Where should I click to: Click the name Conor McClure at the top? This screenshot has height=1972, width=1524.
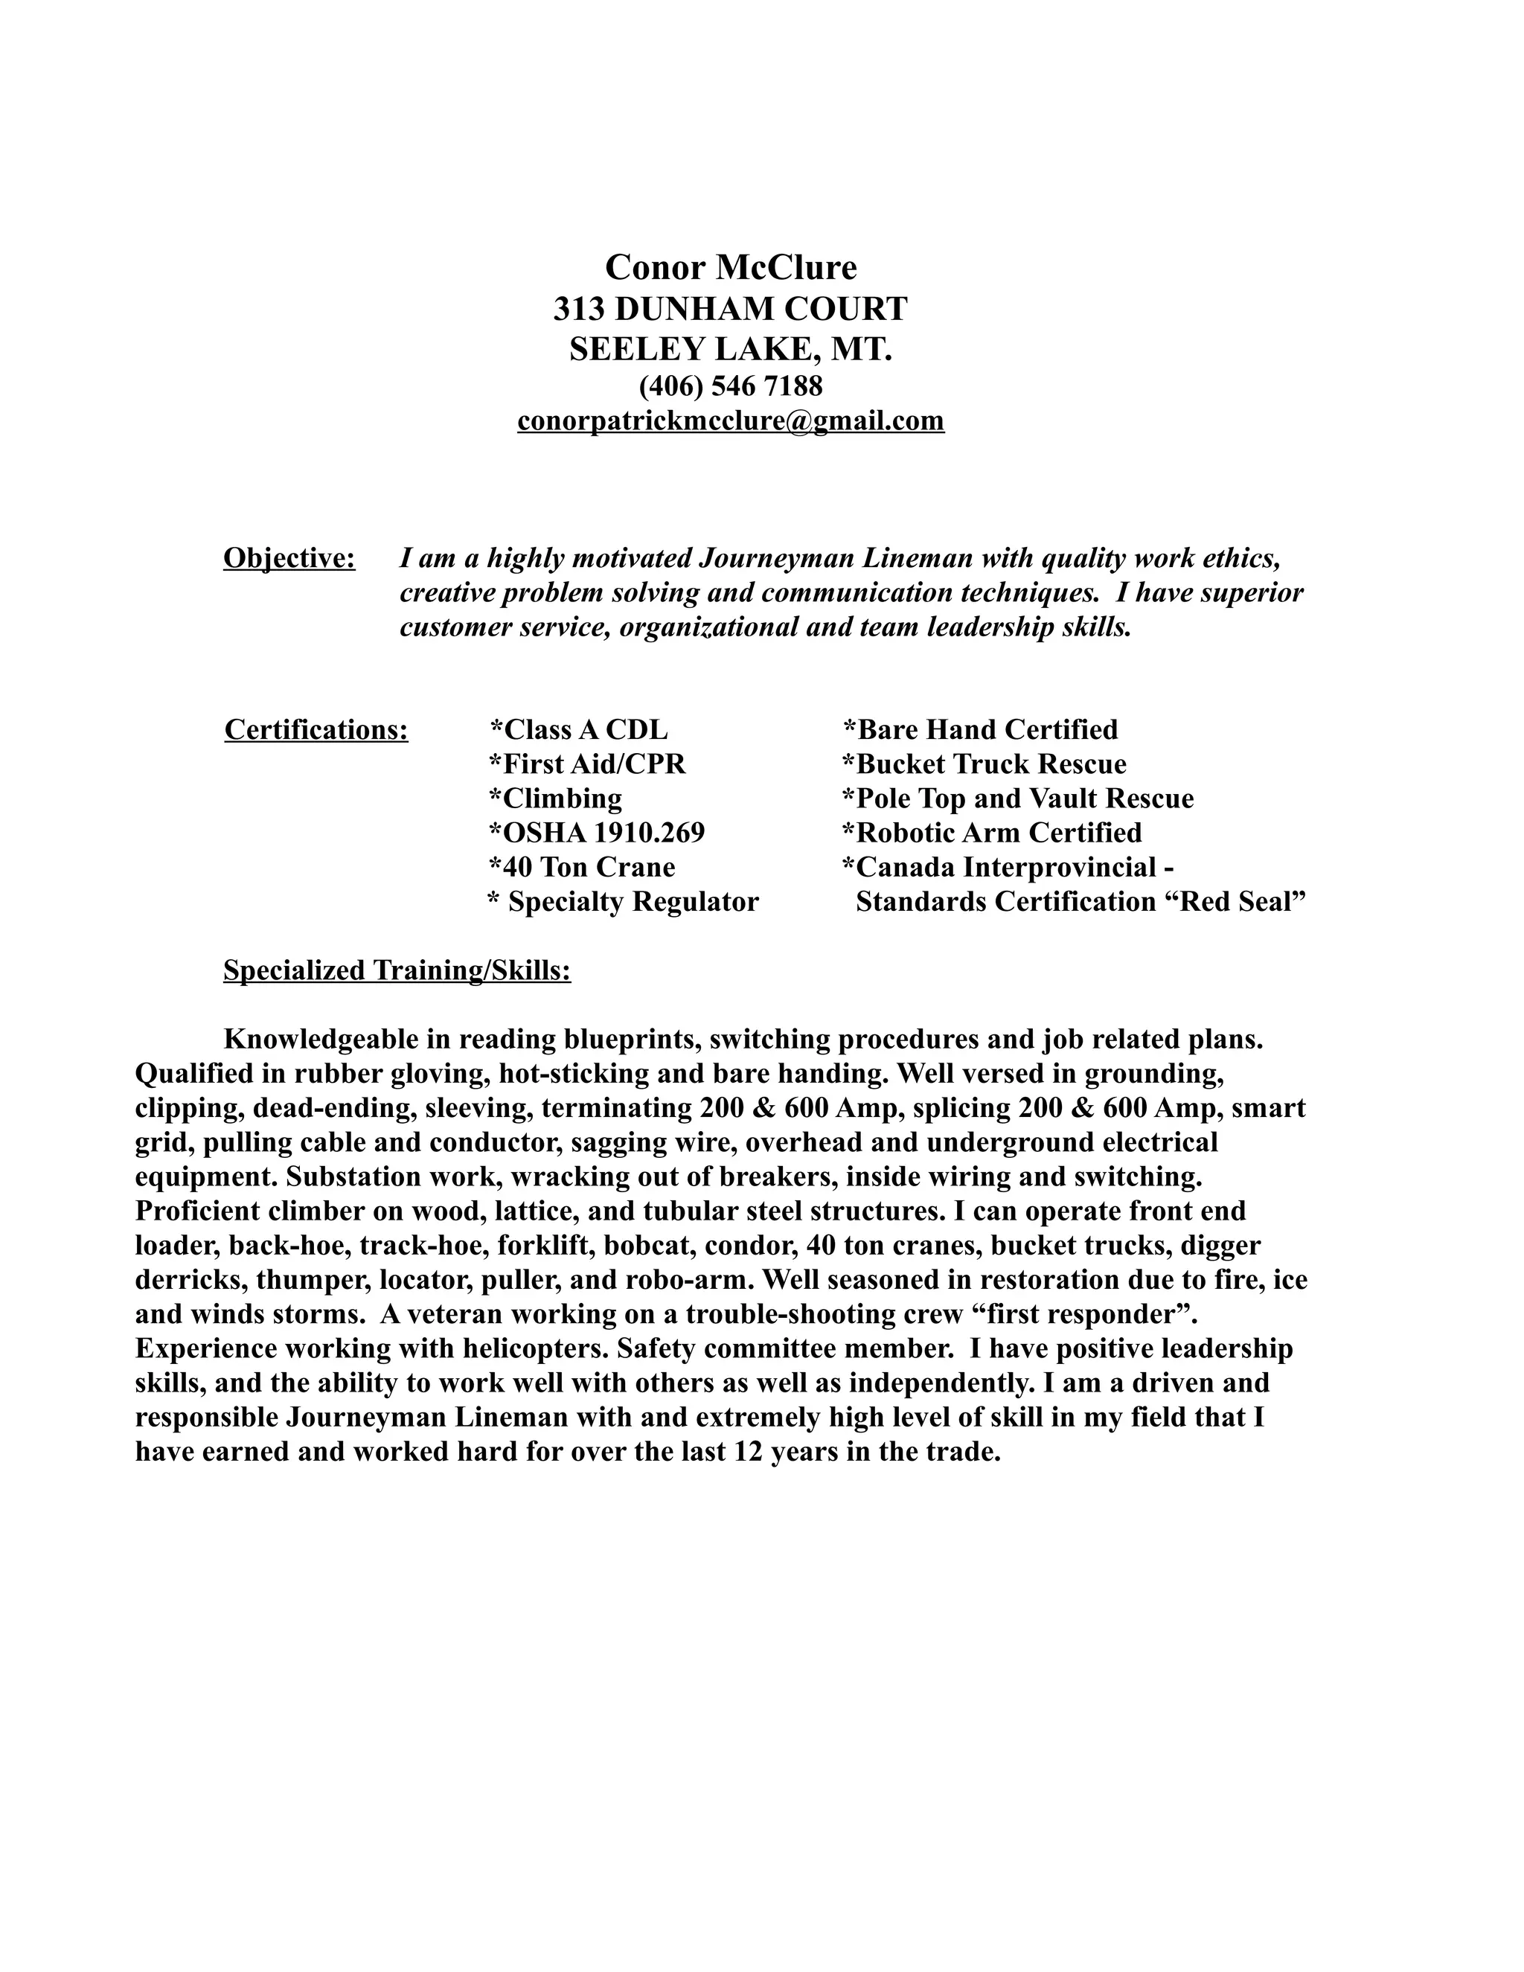click(731, 267)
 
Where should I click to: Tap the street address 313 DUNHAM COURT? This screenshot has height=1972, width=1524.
click(731, 309)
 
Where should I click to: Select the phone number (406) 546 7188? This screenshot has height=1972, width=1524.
click(731, 385)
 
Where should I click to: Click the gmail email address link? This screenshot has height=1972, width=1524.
click(731, 420)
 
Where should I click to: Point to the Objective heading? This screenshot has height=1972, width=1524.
click(289, 558)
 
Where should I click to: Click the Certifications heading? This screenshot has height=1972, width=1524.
click(316, 729)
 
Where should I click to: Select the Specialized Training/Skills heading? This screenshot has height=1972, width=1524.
click(397, 970)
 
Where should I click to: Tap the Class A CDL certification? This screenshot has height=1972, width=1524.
click(579, 729)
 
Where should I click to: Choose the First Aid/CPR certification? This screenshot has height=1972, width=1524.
click(588, 764)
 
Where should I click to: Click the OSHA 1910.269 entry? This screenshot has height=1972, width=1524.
click(597, 833)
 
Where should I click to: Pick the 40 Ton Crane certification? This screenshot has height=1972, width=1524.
click(583, 867)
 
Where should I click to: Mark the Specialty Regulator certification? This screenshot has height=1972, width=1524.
click(623, 901)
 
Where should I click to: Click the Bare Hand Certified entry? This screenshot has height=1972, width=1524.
click(981, 729)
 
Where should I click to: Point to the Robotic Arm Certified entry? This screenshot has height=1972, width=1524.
click(992, 833)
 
